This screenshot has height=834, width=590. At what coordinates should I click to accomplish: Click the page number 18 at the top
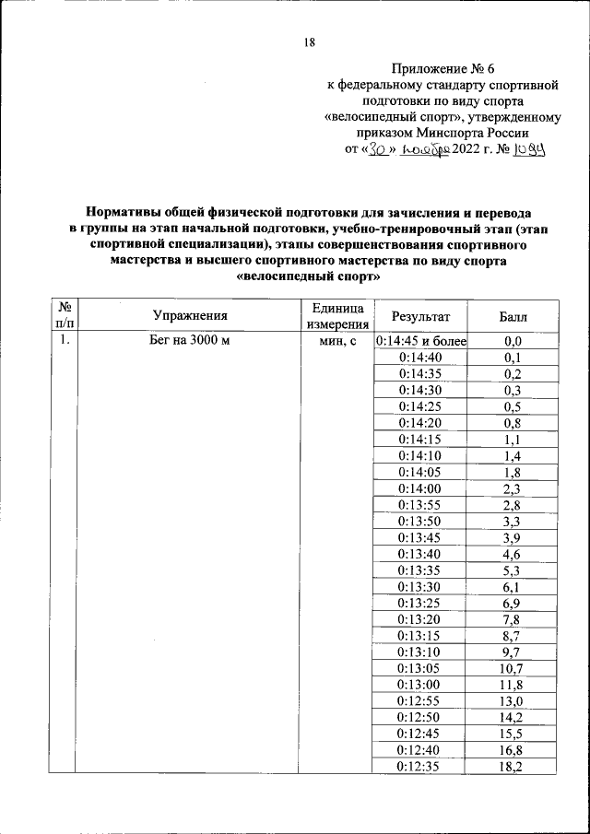click(x=310, y=41)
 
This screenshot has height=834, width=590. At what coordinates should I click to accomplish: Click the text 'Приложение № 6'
click(x=443, y=68)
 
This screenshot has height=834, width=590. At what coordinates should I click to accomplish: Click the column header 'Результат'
click(x=421, y=316)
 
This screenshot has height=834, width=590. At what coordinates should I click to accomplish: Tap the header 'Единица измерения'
click(x=336, y=315)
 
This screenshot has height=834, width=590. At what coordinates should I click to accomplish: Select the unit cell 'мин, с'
click(x=336, y=341)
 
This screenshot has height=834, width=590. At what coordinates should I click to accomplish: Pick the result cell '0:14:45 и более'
click(x=421, y=341)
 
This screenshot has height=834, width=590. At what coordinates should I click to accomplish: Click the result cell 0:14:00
click(x=421, y=488)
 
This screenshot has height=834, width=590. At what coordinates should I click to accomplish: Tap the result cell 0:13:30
click(x=421, y=586)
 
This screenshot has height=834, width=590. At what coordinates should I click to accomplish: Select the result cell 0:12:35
click(x=421, y=767)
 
